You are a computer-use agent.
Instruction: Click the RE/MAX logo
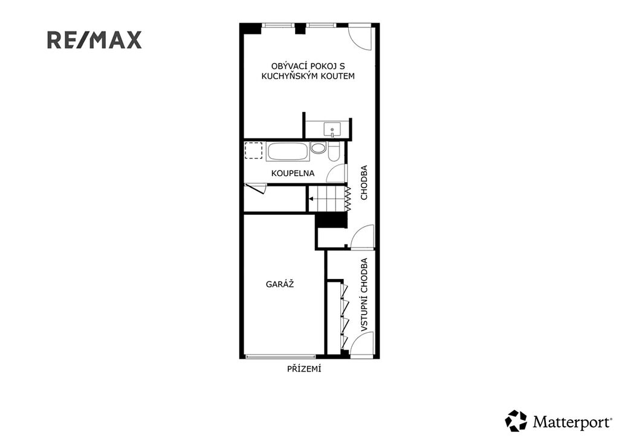click(94, 41)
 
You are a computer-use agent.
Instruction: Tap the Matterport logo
click(558, 421)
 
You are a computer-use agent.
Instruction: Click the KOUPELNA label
click(293, 173)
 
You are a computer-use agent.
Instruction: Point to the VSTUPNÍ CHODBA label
click(364, 295)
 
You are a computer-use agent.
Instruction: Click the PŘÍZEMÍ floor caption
click(304, 369)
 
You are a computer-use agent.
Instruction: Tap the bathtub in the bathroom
click(287, 152)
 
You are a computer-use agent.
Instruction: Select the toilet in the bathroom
click(334, 152)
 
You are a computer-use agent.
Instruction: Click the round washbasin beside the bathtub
click(318, 148)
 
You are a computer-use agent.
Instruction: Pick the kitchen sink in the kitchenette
click(332, 129)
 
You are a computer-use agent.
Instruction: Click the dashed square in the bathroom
click(253, 151)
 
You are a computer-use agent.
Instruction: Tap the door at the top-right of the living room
click(360, 38)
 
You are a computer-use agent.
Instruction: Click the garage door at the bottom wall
click(280, 357)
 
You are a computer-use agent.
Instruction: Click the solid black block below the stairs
click(332, 221)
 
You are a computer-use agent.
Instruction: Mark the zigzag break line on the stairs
click(348, 198)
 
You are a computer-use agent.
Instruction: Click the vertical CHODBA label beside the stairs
click(364, 182)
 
